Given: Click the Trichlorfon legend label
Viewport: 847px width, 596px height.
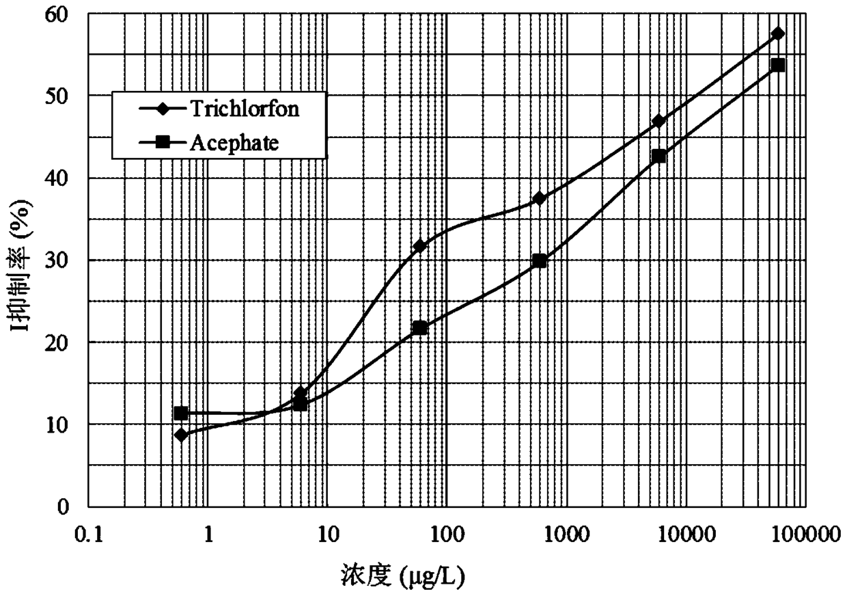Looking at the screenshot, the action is click(245, 109).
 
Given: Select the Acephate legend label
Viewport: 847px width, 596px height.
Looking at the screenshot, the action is click(234, 144).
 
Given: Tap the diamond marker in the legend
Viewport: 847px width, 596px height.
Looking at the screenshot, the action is click(163, 109).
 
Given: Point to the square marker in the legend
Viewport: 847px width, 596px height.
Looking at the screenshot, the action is click(163, 143).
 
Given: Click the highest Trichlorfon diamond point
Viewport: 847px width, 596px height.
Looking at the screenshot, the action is click(778, 33).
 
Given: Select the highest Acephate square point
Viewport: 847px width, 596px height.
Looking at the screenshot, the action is click(778, 66).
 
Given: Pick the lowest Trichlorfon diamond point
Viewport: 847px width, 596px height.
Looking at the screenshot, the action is click(181, 435).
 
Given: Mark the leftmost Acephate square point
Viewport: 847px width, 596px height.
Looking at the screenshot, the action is click(181, 414).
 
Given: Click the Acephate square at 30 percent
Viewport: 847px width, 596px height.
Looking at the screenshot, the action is click(539, 260).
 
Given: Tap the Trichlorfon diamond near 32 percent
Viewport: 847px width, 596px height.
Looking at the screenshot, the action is click(419, 246).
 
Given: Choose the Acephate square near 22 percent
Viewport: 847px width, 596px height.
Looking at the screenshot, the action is click(419, 327).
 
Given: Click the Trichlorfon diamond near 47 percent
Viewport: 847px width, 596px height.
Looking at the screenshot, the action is click(658, 121).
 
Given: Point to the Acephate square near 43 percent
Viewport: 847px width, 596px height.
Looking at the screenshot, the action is click(658, 156).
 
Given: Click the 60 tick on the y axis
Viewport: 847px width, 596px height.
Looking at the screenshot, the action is click(57, 14).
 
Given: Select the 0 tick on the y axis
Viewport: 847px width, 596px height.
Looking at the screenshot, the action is click(63, 506).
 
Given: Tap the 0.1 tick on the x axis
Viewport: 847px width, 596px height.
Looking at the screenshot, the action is click(89, 535).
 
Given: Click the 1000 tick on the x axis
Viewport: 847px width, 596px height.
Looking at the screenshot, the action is click(567, 535).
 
